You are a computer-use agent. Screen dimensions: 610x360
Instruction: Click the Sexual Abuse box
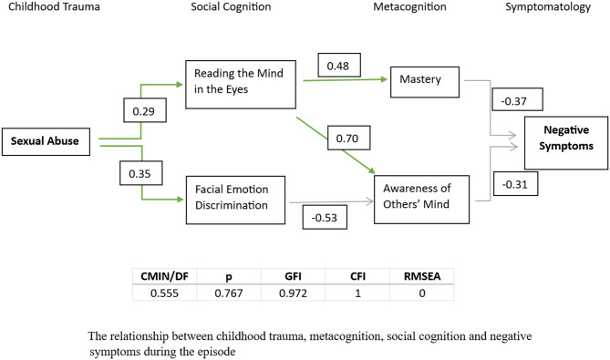pyautogui.click(x=46, y=141)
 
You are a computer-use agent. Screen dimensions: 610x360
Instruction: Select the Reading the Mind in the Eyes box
pyautogui.click(x=241, y=85)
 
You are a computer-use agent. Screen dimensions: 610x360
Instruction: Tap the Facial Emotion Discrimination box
pyautogui.click(x=235, y=200)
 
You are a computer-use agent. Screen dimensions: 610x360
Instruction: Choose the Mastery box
pyautogui.click(x=425, y=82)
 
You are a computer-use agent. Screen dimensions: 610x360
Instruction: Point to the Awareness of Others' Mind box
pyautogui.click(x=421, y=200)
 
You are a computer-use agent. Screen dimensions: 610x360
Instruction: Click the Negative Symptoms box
pyautogui.click(x=566, y=143)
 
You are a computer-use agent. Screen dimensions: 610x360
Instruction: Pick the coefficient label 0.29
pyautogui.click(x=145, y=110)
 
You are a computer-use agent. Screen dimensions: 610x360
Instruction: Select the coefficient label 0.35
pyautogui.click(x=140, y=173)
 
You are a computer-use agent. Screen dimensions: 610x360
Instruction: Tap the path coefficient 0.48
pyautogui.click(x=339, y=65)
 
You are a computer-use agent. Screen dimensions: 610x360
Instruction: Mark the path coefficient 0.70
pyautogui.click(x=348, y=138)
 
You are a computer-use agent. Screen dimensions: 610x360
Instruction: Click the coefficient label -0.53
pyautogui.click(x=325, y=217)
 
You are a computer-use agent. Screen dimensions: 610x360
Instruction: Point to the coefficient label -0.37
pyautogui.click(x=517, y=99)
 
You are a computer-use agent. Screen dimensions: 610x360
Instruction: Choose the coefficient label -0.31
pyautogui.click(x=516, y=183)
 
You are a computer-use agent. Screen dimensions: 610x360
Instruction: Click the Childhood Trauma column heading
pyautogui.click(x=54, y=6)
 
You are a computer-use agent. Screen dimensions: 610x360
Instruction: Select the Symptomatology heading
pyautogui.click(x=548, y=7)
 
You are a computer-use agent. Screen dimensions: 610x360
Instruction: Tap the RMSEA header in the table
pyautogui.click(x=422, y=276)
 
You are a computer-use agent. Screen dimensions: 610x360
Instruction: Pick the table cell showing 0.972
pyautogui.click(x=293, y=293)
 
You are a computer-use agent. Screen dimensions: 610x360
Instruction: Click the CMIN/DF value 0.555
pyautogui.click(x=164, y=293)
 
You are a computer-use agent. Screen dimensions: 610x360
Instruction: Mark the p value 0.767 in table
pyautogui.click(x=229, y=293)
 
